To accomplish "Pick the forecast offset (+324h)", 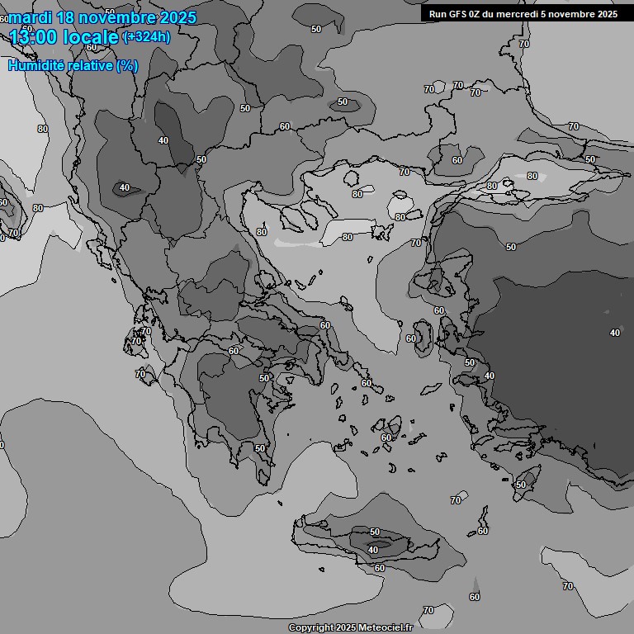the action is click(147, 36).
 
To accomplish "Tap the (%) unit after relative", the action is click(127, 65).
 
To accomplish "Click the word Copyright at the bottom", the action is click(311, 628).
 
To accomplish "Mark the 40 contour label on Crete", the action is click(373, 550).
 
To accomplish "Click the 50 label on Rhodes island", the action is click(520, 485).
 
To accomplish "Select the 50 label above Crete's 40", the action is click(375, 532).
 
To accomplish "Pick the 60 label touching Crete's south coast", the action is click(380, 568).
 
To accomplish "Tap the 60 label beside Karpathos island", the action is click(483, 531).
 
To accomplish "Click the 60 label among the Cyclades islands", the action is click(386, 438).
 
